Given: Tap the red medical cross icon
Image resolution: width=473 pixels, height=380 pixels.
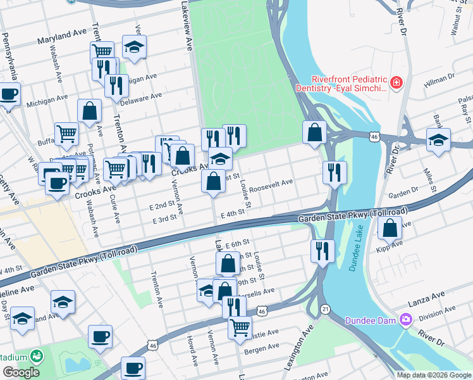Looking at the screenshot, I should [x=396, y=83].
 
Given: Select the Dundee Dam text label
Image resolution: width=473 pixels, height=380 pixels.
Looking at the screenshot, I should [x=370, y=320].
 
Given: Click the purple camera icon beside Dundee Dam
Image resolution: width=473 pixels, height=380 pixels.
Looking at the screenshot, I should [x=405, y=320].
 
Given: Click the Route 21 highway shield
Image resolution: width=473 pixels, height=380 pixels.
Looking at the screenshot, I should [x=324, y=308].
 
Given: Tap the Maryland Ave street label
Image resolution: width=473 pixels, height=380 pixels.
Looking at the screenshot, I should [x=61, y=39].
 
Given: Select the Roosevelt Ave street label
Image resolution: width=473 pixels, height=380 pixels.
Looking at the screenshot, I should [x=271, y=186].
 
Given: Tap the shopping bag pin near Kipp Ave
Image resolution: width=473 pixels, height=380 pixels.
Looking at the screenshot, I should [x=391, y=229].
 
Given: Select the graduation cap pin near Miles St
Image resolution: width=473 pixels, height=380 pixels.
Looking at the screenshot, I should [x=438, y=141].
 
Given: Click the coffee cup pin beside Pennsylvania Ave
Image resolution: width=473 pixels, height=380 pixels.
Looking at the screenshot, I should [x=9, y=94].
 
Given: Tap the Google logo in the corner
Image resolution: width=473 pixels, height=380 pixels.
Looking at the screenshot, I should [x=20, y=372].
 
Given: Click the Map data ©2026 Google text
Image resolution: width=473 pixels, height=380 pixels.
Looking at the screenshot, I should [x=434, y=375].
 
